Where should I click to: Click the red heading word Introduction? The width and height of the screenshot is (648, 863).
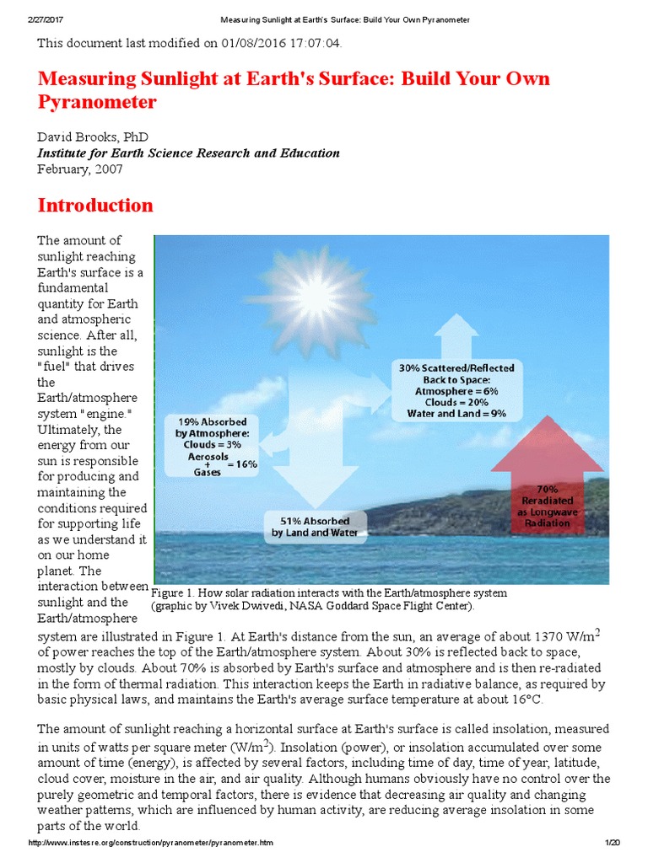click(x=94, y=206)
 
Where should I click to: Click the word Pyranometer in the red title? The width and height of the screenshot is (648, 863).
click(x=97, y=102)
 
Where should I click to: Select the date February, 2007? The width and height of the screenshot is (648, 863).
click(x=80, y=169)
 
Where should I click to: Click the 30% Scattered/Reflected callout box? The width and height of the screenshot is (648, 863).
click(x=456, y=390)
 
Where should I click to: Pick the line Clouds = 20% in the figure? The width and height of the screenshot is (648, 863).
click(x=456, y=402)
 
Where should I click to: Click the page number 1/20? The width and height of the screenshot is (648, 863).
click(x=612, y=844)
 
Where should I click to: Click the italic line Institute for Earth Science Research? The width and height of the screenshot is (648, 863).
click(x=188, y=153)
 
